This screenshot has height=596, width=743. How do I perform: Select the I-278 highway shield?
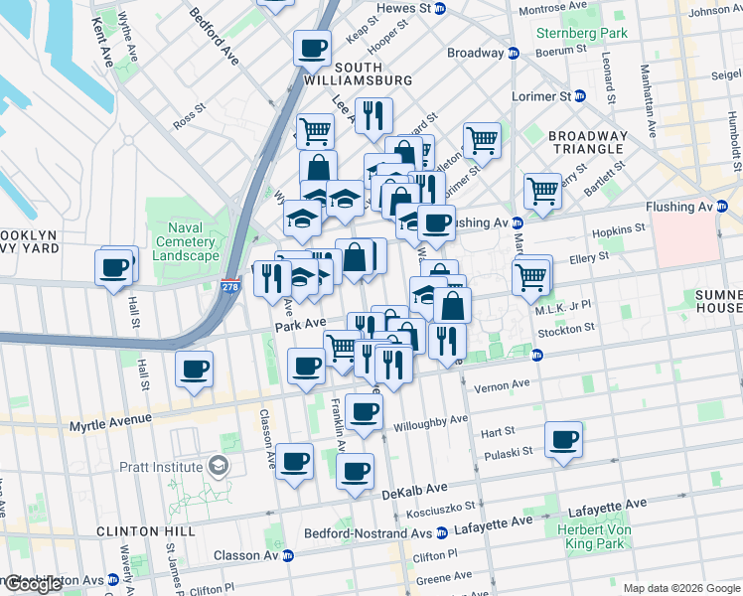(x=230, y=285)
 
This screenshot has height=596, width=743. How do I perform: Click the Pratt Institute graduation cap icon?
(x=217, y=465)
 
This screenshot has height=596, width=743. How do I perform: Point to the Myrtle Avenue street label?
(x=110, y=424)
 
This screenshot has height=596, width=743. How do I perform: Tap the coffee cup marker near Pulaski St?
(x=563, y=439)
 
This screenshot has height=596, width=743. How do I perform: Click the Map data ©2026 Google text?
(x=681, y=588)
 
